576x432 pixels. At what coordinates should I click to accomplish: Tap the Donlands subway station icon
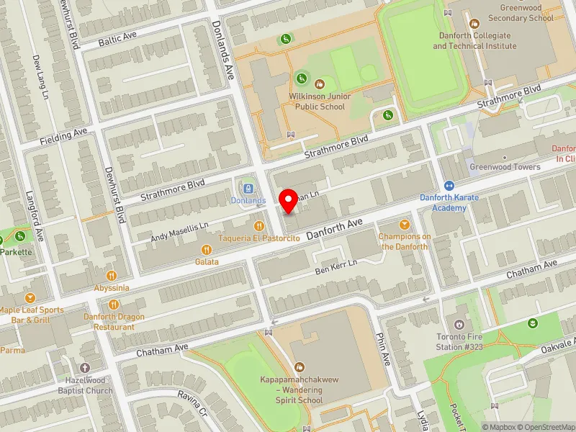[x=248, y=188]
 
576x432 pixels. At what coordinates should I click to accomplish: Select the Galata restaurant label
[x=207, y=262]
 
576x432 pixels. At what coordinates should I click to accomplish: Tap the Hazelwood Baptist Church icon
[x=86, y=367]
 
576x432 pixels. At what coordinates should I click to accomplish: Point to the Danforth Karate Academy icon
[x=449, y=186]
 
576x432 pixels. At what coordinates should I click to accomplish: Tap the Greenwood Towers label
[x=505, y=167]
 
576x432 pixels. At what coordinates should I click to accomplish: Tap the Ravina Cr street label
[x=193, y=408]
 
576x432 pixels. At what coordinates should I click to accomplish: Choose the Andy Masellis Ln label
[x=180, y=231]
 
